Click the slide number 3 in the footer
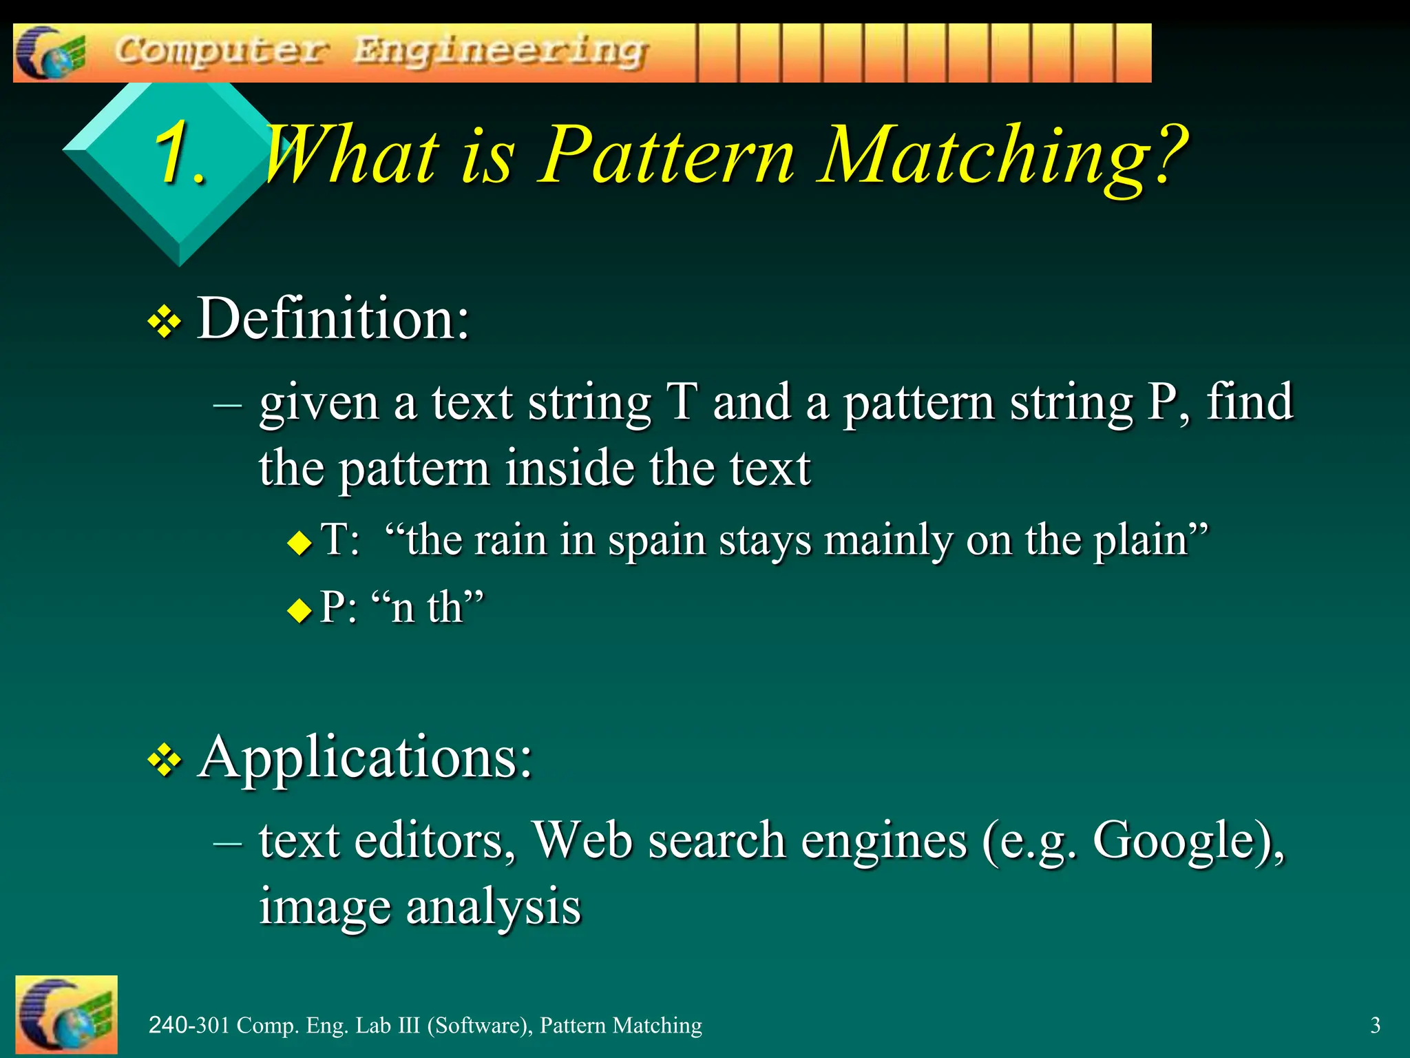click(1375, 1026)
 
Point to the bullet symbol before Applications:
click(165, 761)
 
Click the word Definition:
click(333, 318)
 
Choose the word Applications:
click(365, 757)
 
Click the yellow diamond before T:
click(299, 543)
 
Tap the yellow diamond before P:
click(299, 610)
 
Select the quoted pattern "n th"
click(427, 608)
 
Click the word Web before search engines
click(582, 840)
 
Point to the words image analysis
click(420, 907)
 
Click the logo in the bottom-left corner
click(66, 1014)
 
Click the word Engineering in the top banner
click(501, 52)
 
